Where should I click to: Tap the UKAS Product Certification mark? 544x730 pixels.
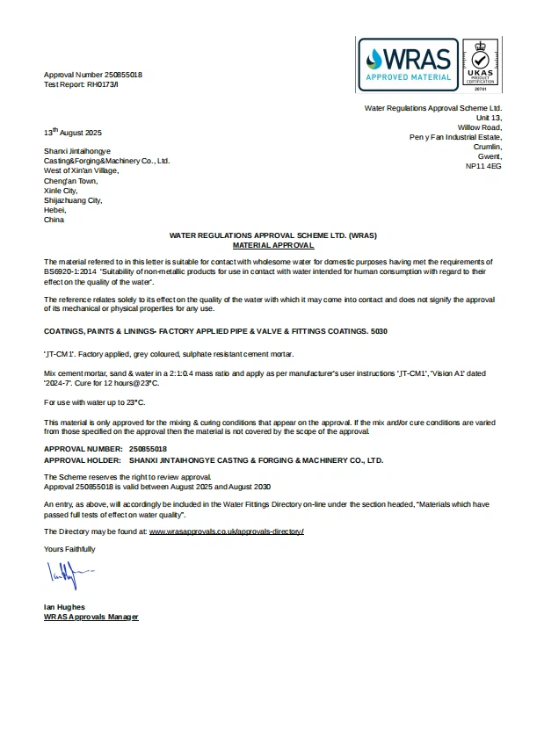pos(480,65)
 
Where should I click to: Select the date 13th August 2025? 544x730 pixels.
pos(73,133)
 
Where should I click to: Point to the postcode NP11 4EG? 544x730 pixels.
pos(482,165)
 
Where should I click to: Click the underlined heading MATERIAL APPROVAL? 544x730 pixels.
pos(272,246)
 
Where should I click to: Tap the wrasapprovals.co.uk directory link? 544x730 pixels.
pos(226,532)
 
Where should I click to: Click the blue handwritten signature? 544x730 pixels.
pos(67,578)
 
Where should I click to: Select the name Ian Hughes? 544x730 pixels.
pos(64,607)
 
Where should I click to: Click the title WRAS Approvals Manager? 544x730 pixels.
pos(91,617)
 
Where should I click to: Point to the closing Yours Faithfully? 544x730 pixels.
pos(69,549)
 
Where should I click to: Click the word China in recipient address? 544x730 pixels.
pos(54,220)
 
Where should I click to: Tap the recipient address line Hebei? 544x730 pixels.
pos(54,210)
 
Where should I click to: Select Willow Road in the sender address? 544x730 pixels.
pos(479,127)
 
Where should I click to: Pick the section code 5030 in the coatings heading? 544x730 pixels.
pos(377,331)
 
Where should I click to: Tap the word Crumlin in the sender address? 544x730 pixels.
pos(487,147)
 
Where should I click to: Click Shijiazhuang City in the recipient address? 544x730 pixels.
pos(73,200)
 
